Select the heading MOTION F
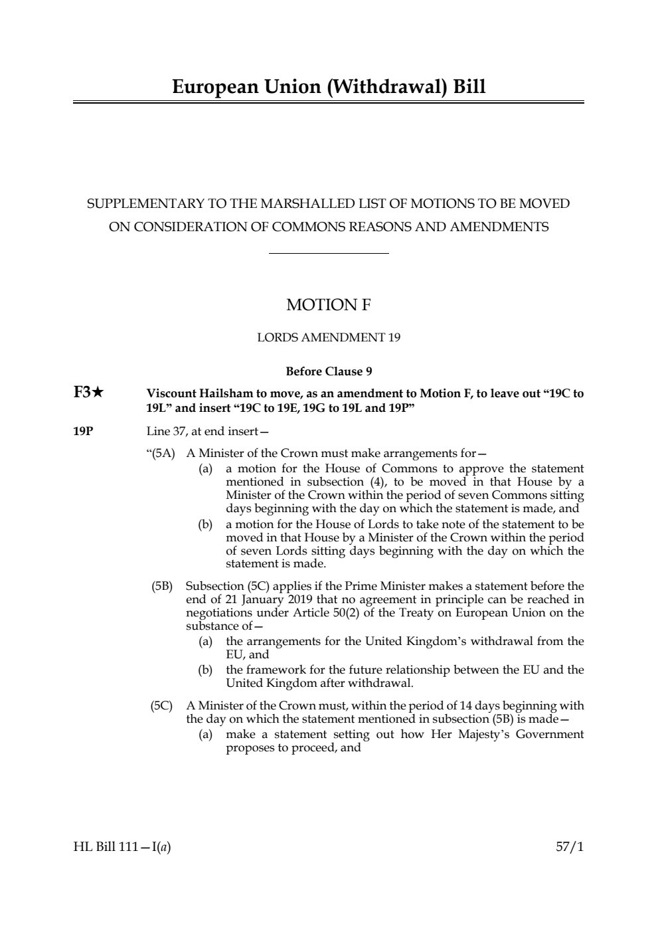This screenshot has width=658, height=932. tap(329, 305)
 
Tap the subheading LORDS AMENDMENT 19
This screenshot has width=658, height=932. tap(329, 337)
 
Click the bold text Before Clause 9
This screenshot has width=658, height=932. tap(329, 371)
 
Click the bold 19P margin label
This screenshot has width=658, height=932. tap(83, 432)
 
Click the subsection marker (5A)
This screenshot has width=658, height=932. tap(163, 454)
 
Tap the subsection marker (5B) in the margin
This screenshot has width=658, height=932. tap(162, 586)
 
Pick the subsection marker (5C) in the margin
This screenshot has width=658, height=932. tap(162, 705)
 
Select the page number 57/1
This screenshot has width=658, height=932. tap(570, 847)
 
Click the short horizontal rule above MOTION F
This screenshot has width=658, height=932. tap(329, 253)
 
